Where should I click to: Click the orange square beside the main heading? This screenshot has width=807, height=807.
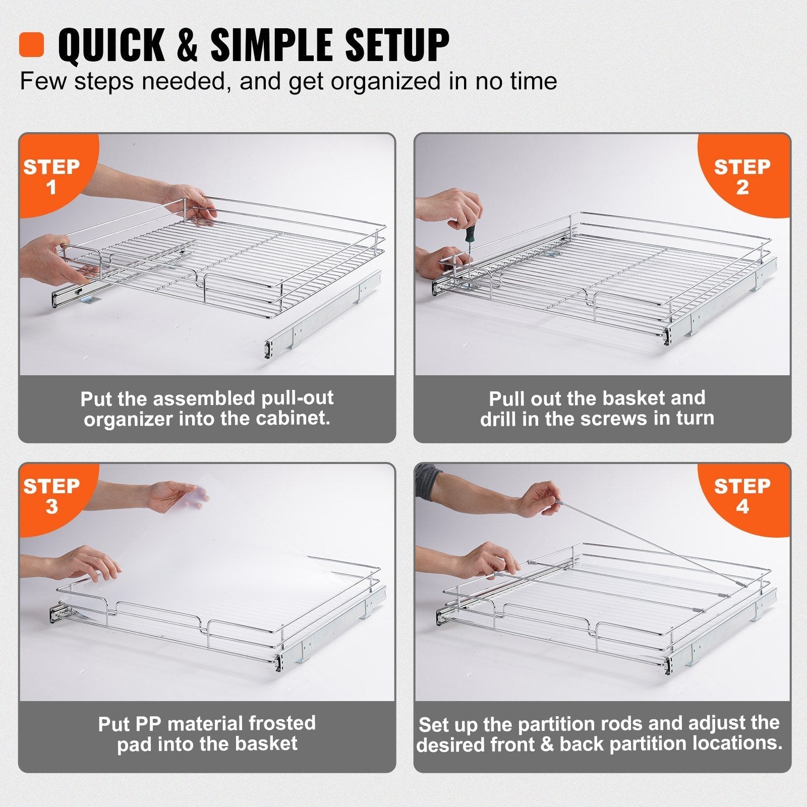click(x=32, y=45)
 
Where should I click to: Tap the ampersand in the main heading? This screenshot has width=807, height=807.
click(x=187, y=45)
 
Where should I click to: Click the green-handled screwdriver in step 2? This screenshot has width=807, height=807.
click(x=470, y=242)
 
